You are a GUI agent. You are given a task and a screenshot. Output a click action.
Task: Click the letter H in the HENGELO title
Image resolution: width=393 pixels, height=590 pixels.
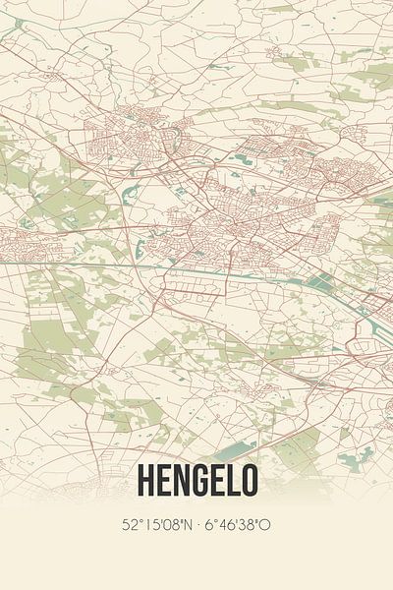click(x=146, y=479)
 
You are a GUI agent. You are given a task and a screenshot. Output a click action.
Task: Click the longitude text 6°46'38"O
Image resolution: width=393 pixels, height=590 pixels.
click(x=239, y=524)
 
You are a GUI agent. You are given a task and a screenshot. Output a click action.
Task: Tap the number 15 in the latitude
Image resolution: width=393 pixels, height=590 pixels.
click(x=148, y=524)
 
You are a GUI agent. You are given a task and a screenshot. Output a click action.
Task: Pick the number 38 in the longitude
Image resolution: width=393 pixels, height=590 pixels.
click(x=246, y=524)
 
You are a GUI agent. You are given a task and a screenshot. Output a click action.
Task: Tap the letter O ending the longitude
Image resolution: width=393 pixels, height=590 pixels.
click(x=264, y=524)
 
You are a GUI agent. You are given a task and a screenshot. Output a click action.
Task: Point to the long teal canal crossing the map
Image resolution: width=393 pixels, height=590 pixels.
click(x=196, y=265)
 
